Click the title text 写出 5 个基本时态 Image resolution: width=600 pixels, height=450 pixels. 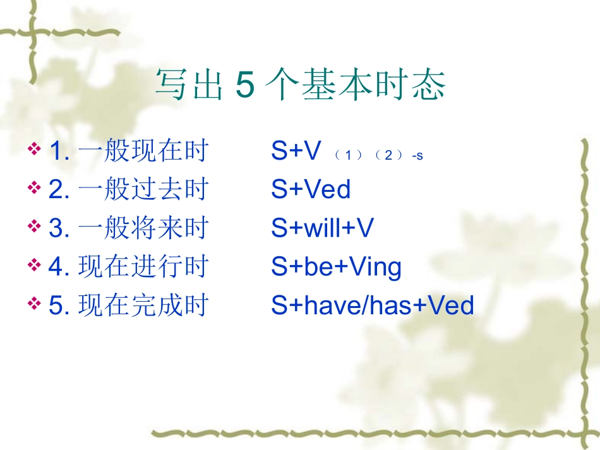300,85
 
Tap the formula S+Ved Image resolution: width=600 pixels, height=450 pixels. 311,189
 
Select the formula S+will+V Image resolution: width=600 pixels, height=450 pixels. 322,228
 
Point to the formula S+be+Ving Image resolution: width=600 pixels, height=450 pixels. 336,267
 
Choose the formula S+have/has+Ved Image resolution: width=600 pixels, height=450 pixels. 373,305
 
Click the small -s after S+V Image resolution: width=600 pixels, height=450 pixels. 417,155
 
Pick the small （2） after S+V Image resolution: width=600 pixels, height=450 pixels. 387,155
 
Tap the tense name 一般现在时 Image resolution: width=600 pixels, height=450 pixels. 143,151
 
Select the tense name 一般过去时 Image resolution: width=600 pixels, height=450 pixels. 143,189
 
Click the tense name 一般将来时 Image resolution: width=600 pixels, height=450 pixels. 143,228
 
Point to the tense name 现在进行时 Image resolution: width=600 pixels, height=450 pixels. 143,267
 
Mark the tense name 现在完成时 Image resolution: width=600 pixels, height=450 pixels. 143,305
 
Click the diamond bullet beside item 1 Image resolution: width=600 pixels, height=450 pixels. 35,150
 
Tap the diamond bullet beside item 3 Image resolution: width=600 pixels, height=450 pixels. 35,226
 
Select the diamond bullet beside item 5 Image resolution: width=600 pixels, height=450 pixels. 35,304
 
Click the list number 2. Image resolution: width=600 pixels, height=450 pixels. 56,189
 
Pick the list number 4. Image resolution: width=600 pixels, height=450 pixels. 56,267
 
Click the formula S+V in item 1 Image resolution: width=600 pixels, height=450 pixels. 296,151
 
